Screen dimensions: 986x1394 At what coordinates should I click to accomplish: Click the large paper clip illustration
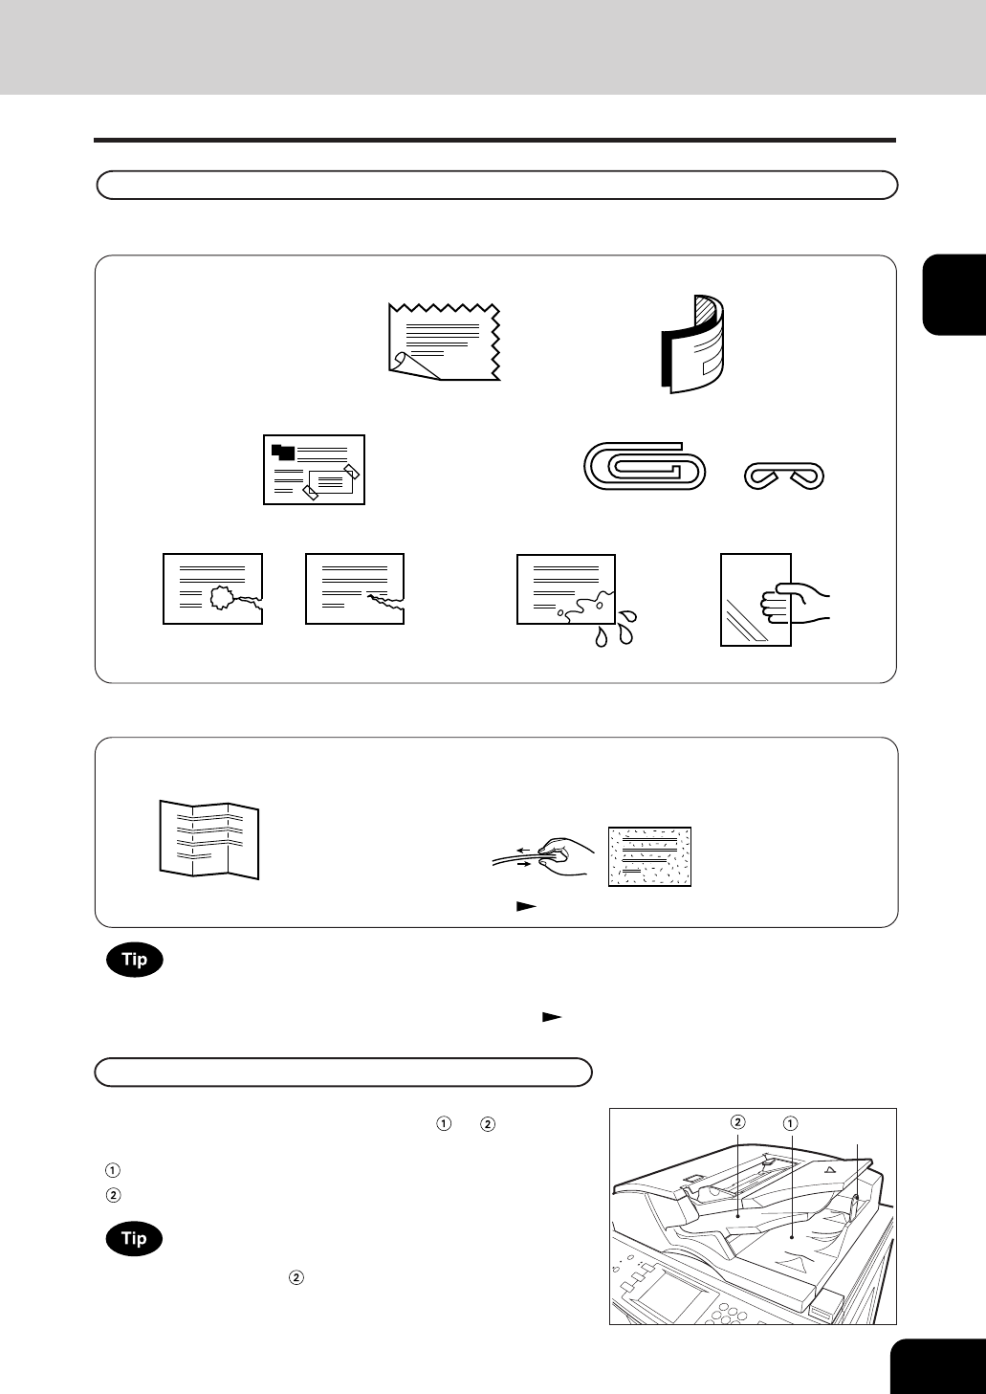tap(645, 466)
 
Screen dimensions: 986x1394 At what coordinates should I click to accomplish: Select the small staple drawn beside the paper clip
tap(784, 476)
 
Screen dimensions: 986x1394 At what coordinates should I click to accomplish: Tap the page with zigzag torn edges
tap(444, 342)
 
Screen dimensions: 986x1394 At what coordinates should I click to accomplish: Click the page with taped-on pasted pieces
tap(314, 470)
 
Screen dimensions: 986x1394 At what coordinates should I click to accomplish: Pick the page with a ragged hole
tap(212, 588)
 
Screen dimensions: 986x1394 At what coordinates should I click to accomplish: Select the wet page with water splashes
tap(566, 589)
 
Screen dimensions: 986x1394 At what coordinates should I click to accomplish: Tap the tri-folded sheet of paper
tap(209, 839)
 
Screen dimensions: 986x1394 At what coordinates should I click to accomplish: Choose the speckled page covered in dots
tap(649, 856)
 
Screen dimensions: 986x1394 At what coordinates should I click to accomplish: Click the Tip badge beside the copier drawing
tap(135, 1238)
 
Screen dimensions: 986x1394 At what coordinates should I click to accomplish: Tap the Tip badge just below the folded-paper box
tap(135, 960)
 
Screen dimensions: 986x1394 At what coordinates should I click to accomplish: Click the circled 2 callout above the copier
tap(737, 1122)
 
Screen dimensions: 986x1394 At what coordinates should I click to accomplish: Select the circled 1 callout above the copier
tap(789, 1123)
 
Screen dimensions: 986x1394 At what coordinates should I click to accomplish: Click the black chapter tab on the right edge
tap(954, 295)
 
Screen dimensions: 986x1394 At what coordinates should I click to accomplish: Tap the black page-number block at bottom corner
tap(938, 1366)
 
